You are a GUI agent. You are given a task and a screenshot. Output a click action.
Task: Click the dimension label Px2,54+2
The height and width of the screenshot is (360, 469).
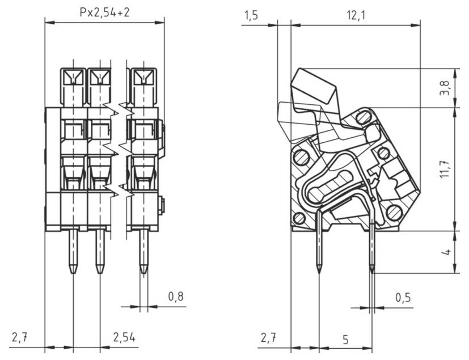pos(104,11)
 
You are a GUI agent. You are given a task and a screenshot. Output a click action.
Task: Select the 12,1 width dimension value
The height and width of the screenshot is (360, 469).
pos(354,15)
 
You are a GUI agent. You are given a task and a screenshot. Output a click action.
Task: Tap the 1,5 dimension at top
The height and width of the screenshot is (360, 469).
pos(251,15)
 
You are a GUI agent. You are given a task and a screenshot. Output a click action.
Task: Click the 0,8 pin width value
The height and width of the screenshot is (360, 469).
pos(176,297)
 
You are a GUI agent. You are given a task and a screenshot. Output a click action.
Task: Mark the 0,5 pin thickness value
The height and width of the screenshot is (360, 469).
pos(403,297)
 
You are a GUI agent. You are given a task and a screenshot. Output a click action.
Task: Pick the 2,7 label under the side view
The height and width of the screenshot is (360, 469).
pos(268,338)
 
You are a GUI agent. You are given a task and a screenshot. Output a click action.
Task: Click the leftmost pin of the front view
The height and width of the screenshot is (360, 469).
pos(73,249)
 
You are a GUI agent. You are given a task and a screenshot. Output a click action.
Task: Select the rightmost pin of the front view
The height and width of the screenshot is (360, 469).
pos(143,249)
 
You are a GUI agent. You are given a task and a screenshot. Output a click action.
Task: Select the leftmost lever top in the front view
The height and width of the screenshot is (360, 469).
pos(73,77)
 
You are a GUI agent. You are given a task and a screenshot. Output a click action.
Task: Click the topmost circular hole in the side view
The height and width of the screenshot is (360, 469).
pos(364,118)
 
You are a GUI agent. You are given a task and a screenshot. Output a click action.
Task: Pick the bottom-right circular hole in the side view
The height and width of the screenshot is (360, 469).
pos(394,212)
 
